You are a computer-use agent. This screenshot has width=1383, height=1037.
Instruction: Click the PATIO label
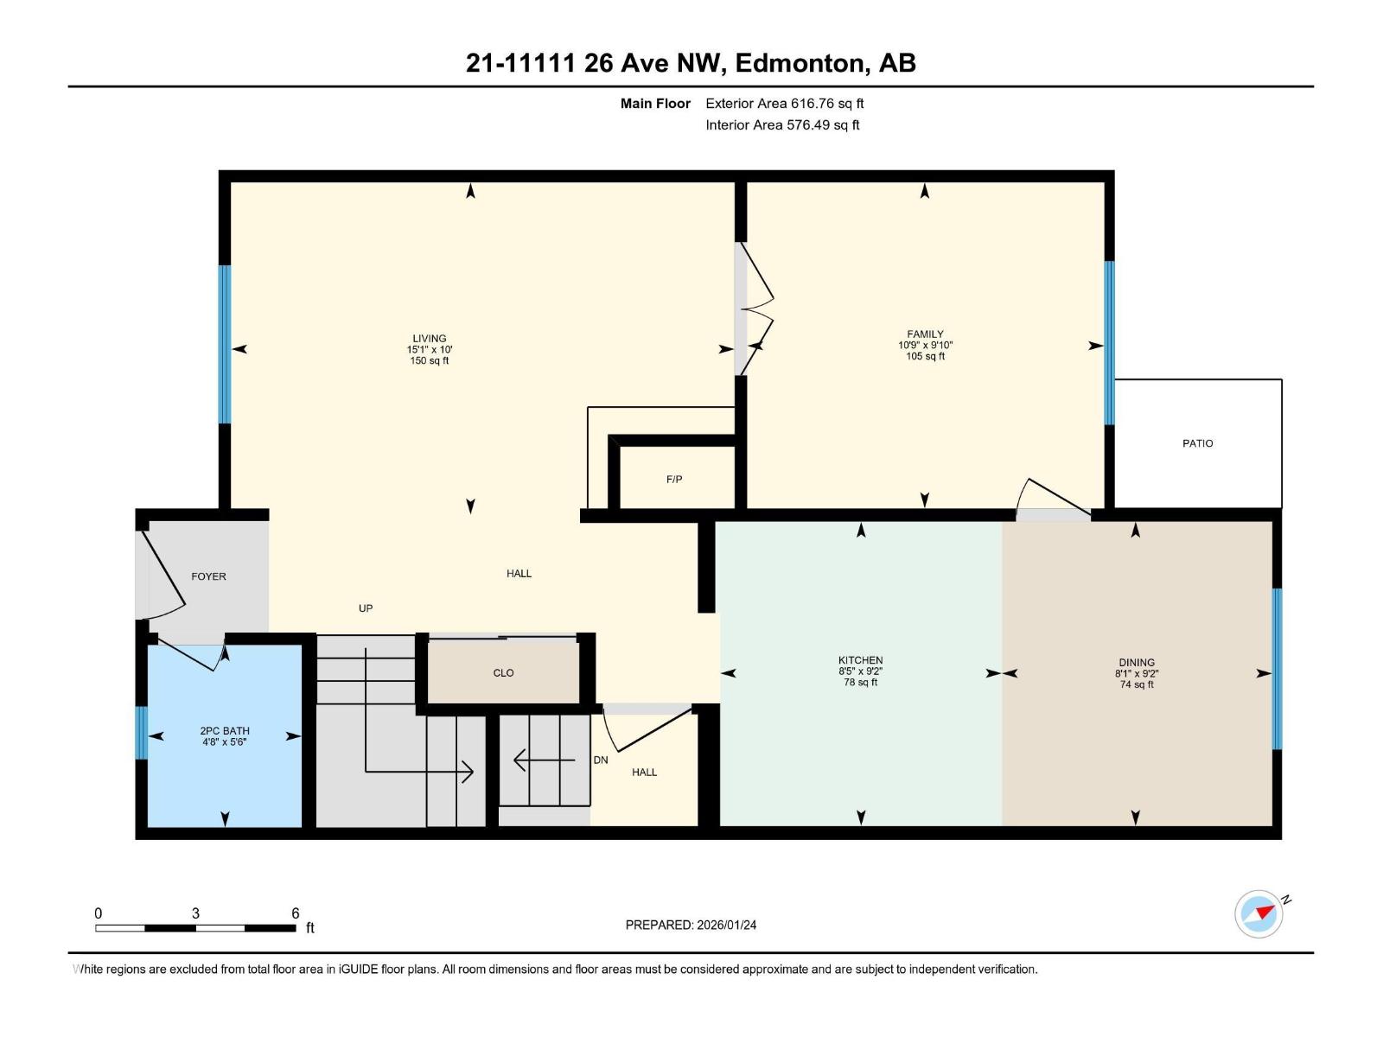(x=1197, y=443)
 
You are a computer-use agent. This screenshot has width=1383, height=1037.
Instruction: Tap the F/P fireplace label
(x=674, y=479)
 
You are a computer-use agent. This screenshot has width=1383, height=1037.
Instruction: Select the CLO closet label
(x=503, y=672)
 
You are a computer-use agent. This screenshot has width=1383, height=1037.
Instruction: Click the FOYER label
(x=208, y=576)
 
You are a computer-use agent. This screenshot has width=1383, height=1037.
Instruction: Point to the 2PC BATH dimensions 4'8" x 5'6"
(x=224, y=741)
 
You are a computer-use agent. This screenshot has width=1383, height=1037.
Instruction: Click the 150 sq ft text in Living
(x=429, y=361)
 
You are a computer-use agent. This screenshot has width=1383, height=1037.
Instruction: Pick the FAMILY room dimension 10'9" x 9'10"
(x=925, y=345)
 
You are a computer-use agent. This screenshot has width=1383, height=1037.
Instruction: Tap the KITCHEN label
(x=860, y=660)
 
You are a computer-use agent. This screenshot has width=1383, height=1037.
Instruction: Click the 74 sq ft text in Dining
(x=1136, y=684)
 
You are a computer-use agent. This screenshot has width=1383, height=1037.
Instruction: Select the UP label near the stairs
(x=366, y=608)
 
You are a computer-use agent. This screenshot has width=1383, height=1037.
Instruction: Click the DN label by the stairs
(x=600, y=760)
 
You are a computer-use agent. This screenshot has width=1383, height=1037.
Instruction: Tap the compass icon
(x=1259, y=914)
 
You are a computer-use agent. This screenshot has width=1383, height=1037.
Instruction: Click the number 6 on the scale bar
(x=295, y=913)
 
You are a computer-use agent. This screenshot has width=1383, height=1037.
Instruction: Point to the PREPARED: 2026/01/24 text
(x=691, y=925)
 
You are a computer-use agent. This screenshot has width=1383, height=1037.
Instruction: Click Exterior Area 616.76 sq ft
(x=784, y=103)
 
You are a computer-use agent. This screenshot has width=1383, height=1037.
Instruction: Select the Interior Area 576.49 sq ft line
(x=781, y=124)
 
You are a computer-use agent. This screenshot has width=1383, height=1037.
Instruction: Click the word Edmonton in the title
(x=802, y=63)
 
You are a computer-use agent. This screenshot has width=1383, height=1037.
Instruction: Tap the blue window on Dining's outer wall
(x=1277, y=669)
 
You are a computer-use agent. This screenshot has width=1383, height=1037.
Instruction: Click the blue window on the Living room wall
(x=225, y=344)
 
